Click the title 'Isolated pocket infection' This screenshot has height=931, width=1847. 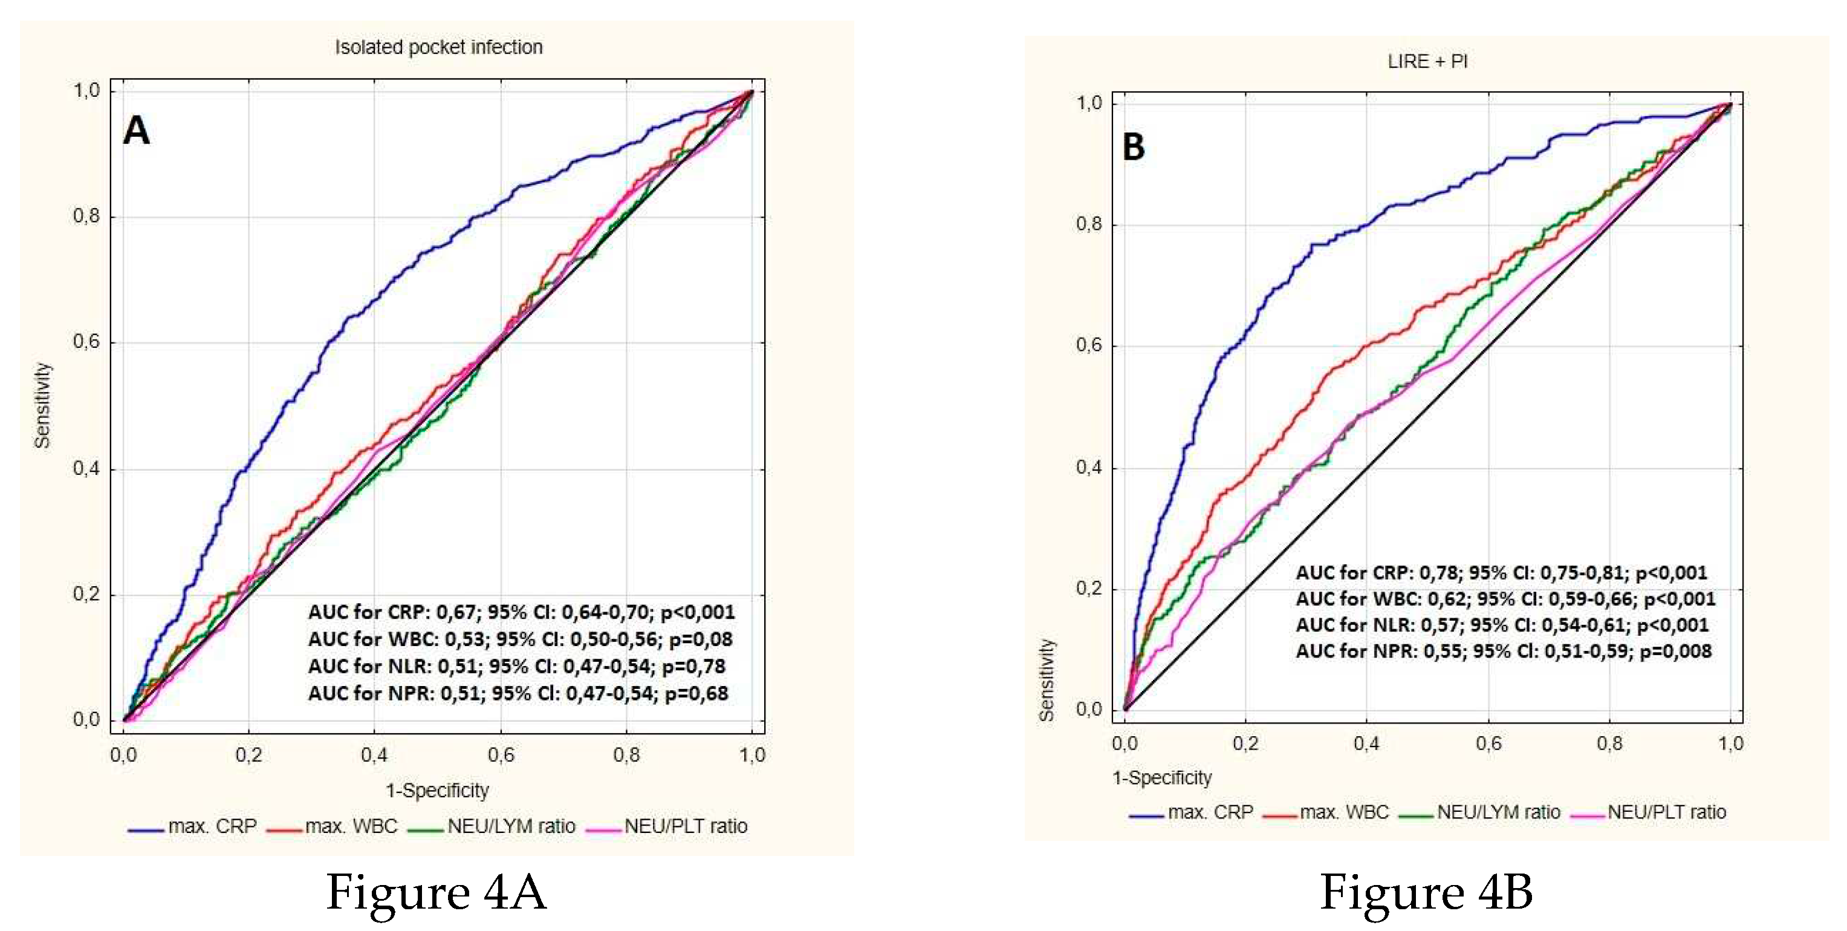click(x=438, y=47)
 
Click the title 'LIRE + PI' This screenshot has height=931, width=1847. click(x=1427, y=62)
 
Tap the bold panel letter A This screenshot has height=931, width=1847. click(x=136, y=131)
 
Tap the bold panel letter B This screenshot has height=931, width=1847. click(x=1134, y=146)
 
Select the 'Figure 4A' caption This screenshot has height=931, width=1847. click(x=436, y=892)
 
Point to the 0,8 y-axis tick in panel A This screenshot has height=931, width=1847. click(x=86, y=216)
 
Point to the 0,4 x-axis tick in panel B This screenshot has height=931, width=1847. click(x=1366, y=743)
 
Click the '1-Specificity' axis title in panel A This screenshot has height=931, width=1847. click(x=437, y=791)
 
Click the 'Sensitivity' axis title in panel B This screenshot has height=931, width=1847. click(x=1047, y=680)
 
